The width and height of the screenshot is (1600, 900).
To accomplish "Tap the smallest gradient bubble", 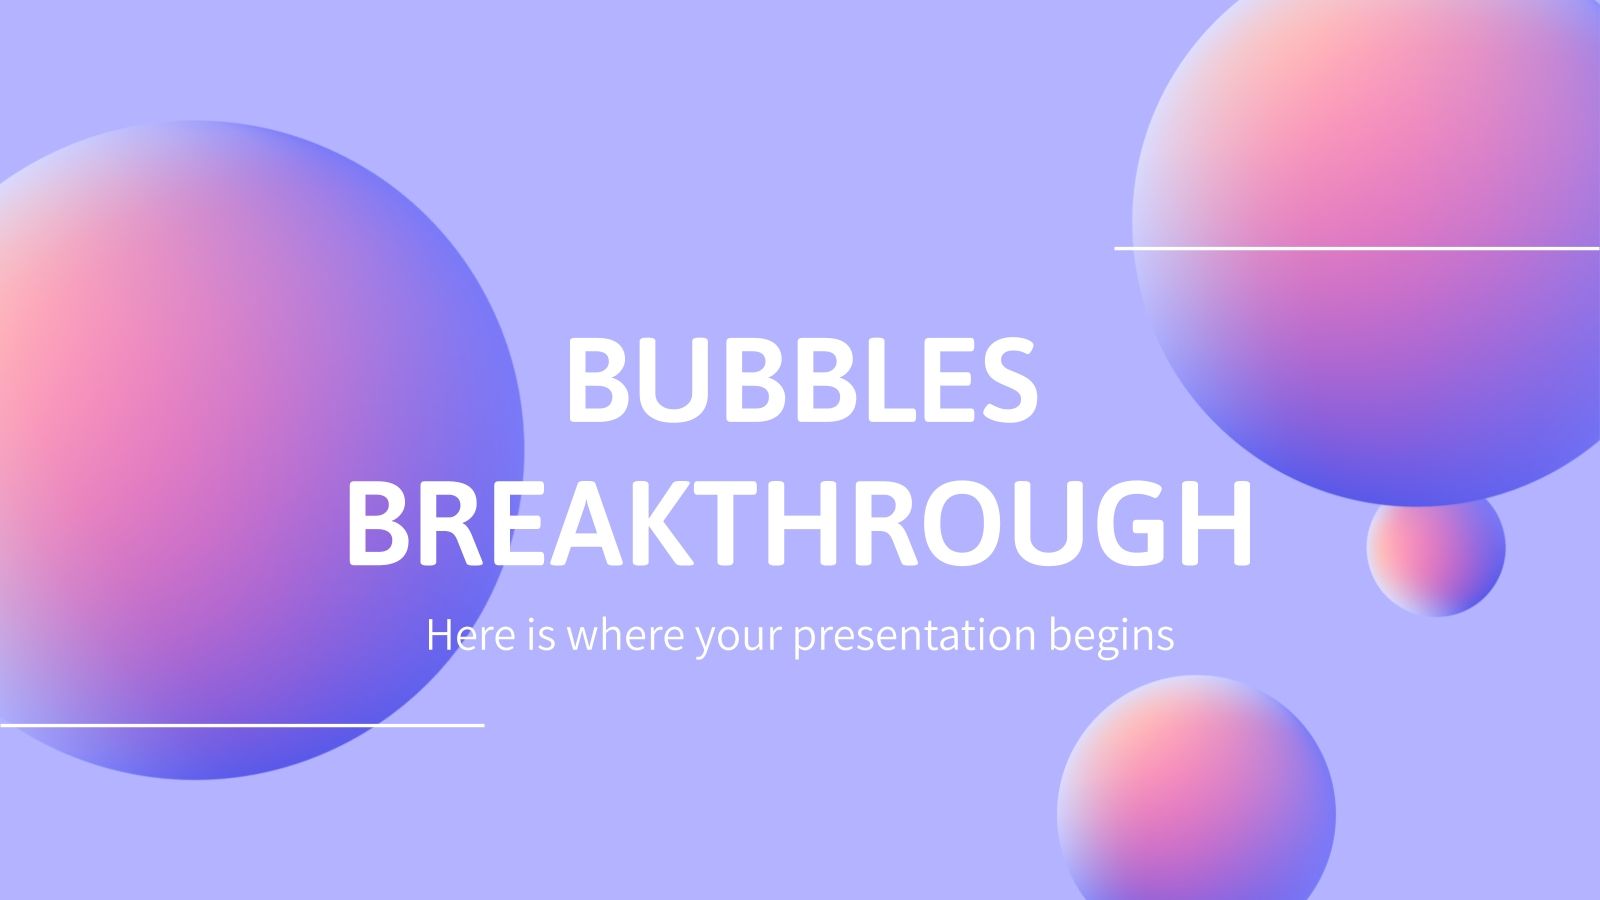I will coord(1435,548).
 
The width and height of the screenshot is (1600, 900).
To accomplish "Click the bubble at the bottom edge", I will coord(1196,800).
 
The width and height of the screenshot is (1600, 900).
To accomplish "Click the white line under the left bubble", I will coord(240,723).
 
